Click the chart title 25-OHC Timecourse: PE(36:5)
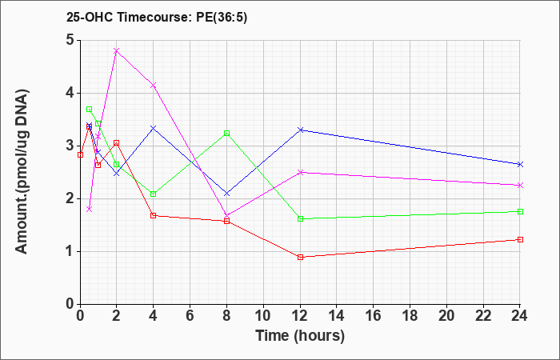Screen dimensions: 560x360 coord(157,17)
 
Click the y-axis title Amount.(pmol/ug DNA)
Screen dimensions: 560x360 coord(22,171)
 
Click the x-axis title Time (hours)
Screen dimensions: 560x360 coord(300,336)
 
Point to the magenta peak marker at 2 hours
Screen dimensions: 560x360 coord(117,50)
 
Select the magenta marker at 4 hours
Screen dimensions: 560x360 coord(154,86)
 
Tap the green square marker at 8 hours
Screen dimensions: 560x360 coord(226,134)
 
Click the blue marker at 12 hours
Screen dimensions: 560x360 coord(300,130)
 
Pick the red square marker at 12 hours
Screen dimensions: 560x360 coord(300,257)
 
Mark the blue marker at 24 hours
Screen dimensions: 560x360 coord(520,164)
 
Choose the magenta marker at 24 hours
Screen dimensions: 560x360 coord(520,186)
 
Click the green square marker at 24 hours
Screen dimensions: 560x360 coord(520,211)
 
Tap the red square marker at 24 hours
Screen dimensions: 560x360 coord(520,240)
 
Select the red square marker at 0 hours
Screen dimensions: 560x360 coord(80,154)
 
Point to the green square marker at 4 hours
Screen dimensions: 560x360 coord(154,194)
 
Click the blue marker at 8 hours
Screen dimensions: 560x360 coord(226,194)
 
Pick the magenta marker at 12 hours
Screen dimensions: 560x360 coord(300,172)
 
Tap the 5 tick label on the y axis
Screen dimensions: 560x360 coord(70,40)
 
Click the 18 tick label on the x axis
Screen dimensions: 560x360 coord(410,316)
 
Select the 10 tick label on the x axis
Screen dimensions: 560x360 coord(263,316)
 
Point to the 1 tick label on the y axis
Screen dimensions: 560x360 coord(70,251)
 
